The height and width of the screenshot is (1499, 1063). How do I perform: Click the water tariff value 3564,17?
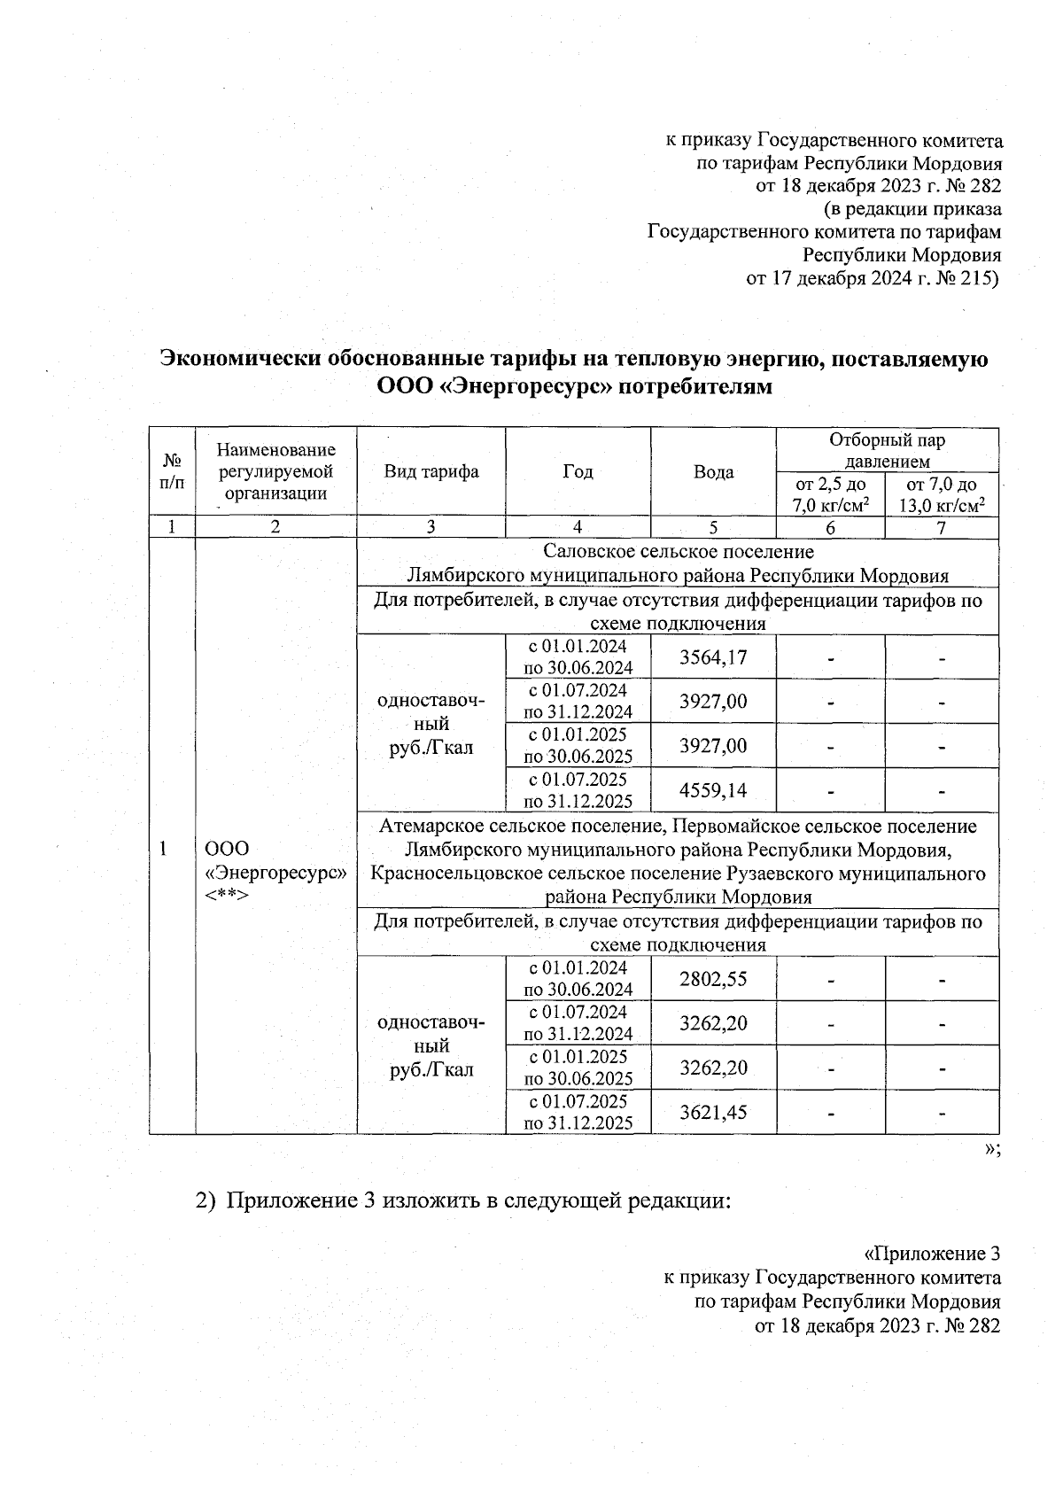pyautogui.click(x=713, y=657)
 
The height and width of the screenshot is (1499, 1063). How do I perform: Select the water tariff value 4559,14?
pyautogui.click(x=713, y=790)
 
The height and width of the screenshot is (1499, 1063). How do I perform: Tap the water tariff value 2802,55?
pyautogui.click(x=713, y=979)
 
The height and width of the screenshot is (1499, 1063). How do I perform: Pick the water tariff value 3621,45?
pyautogui.click(x=713, y=1112)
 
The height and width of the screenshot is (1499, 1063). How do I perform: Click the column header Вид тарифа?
pyautogui.click(x=431, y=471)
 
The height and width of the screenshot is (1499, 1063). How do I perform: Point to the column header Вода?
pyautogui.click(x=713, y=472)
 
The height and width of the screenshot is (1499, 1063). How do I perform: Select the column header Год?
pyautogui.click(x=578, y=471)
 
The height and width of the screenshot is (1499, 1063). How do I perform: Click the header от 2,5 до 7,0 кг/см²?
pyautogui.click(x=830, y=494)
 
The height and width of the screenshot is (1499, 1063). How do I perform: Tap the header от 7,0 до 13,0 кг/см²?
pyautogui.click(x=942, y=494)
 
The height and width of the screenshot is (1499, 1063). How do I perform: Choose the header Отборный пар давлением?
pyautogui.click(x=887, y=450)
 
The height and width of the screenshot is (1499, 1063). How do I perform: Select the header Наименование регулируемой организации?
pyautogui.click(x=275, y=471)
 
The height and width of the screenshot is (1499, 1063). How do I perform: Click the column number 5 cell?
pyautogui.click(x=713, y=527)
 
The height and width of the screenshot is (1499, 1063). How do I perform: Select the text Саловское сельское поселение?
pyautogui.click(x=678, y=552)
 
